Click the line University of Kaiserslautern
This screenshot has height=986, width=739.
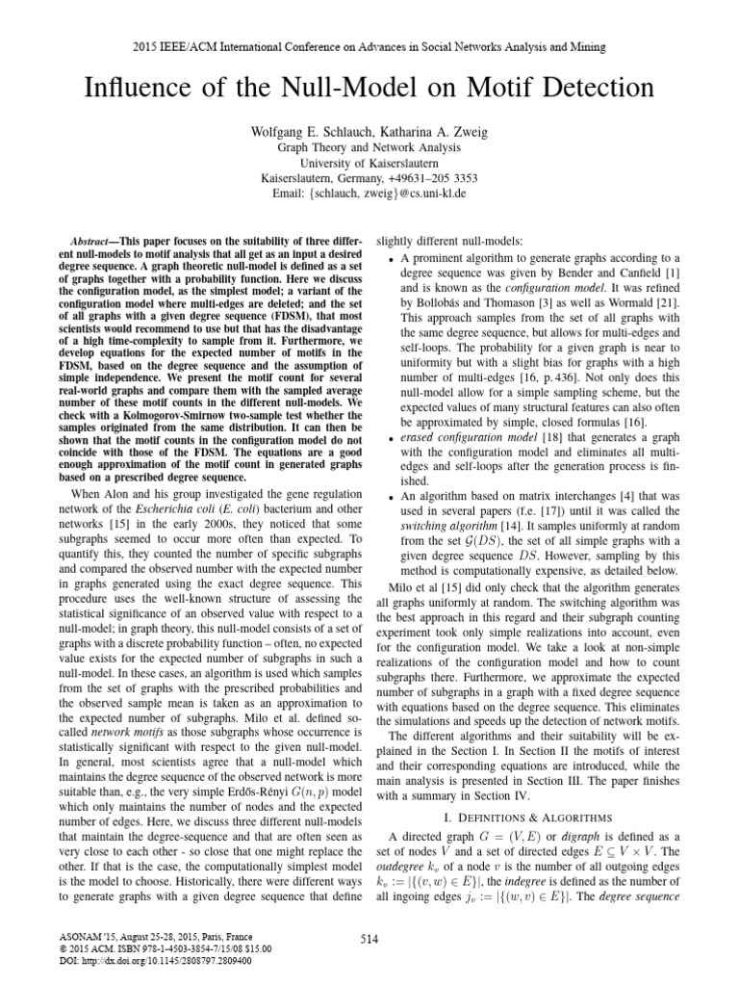tap(369, 163)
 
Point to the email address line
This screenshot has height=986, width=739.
tap(369, 194)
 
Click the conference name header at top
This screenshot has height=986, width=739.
tap(369, 46)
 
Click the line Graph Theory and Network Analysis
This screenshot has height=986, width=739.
tap(369, 147)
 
